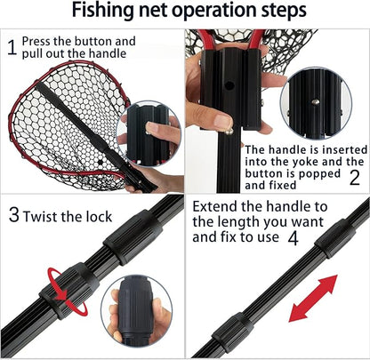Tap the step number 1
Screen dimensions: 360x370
pos(10,48)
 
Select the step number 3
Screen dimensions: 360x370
pos(13,215)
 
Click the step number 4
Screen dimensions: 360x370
pos(292,238)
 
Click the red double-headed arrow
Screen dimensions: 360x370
pos(313,299)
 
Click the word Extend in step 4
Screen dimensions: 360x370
pos(215,205)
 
